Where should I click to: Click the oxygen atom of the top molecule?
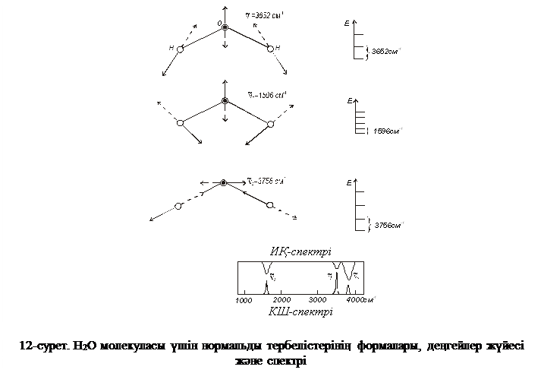(225, 27)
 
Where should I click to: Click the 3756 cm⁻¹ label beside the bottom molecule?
(267, 181)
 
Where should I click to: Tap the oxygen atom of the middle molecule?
(225, 100)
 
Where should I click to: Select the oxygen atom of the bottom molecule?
(224, 183)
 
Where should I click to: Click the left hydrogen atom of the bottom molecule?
(178, 206)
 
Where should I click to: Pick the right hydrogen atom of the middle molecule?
(270, 123)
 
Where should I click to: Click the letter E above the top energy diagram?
(347, 24)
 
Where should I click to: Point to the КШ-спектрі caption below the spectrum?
(301, 311)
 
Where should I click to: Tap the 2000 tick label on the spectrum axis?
(282, 301)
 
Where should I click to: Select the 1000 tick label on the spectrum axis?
(244, 301)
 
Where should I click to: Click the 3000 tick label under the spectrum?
(319, 301)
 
